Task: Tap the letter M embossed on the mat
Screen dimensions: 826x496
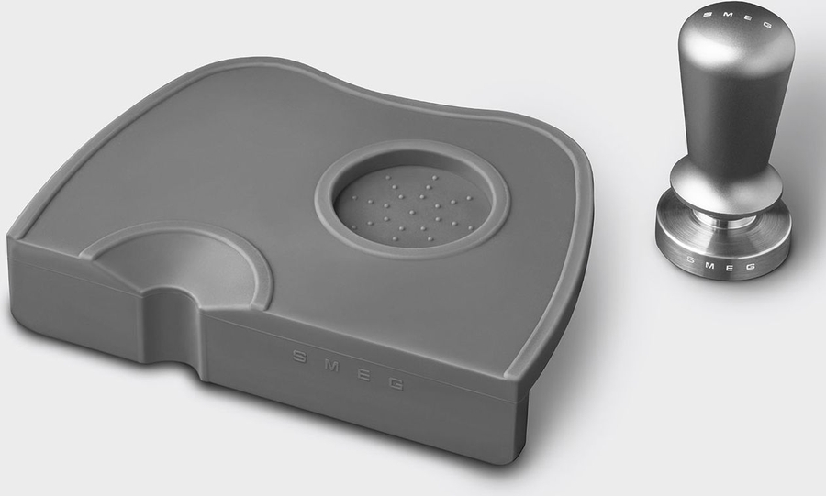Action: click(x=330, y=366)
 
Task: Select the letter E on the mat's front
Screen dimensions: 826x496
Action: click(x=363, y=374)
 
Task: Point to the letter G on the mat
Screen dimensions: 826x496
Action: click(x=396, y=384)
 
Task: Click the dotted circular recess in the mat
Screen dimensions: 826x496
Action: click(x=412, y=207)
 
